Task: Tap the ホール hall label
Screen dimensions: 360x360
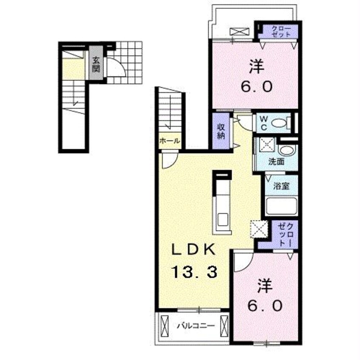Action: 169,141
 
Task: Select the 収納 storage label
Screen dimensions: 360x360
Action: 221,131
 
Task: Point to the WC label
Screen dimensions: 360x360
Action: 264,123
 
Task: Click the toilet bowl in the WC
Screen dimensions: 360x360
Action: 280,123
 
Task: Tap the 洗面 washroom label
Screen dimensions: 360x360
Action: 277,162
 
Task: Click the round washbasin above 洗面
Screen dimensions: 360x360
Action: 286,151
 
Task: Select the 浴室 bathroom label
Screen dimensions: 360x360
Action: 281,186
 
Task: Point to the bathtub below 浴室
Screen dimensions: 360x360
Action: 281,206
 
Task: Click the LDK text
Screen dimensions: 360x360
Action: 194,249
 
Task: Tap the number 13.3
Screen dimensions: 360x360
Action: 194,272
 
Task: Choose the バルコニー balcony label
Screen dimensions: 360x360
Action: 196,326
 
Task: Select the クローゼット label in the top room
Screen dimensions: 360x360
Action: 281,31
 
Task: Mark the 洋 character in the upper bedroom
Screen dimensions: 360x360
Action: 257,66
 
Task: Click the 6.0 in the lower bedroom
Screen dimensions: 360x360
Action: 265,306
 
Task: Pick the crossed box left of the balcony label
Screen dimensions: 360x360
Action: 165,326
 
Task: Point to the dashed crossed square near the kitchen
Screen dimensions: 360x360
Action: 259,229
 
